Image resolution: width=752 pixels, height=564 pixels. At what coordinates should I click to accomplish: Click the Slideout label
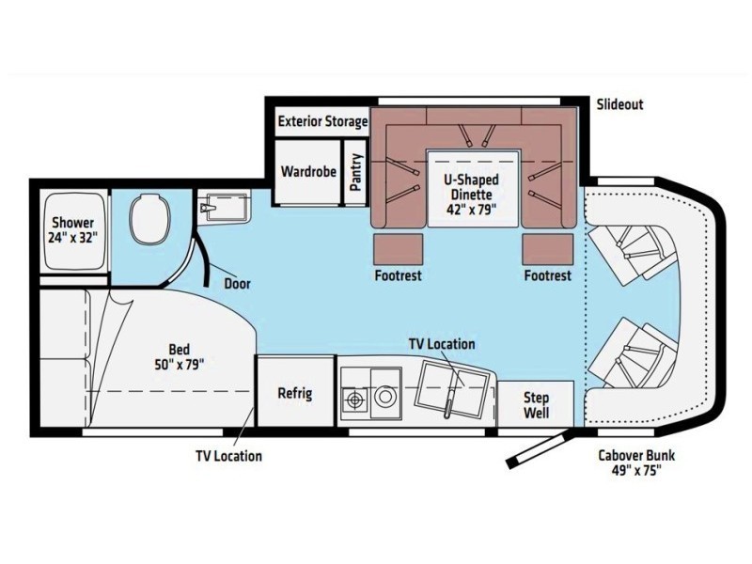[x=619, y=104]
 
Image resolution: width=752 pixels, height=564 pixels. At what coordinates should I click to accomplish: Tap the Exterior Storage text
[x=322, y=122]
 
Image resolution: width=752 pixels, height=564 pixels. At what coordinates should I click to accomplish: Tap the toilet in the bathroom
[x=148, y=218]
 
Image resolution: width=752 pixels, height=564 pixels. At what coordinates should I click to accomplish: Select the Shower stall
[x=72, y=230]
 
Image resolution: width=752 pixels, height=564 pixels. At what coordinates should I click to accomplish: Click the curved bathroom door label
[x=237, y=282]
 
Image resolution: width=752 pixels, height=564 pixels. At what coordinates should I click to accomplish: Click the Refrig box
[x=295, y=393]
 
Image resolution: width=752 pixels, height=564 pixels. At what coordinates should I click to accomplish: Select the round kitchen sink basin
[x=385, y=399]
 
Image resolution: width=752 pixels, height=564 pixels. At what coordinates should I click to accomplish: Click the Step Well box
[x=536, y=404]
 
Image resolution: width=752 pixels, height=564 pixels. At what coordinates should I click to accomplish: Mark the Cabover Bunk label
[x=636, y=463]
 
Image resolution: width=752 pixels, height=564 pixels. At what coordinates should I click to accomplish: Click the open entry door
[x=538, y=450]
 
